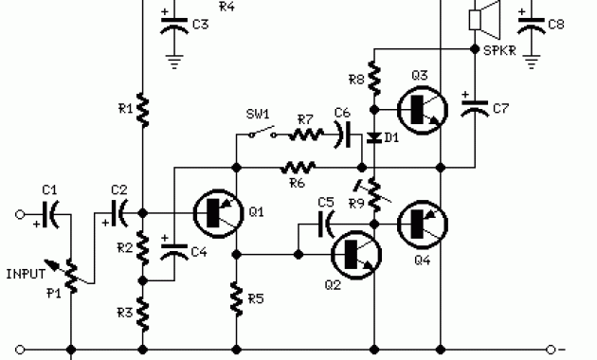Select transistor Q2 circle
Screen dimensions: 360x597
[x=354, y=253]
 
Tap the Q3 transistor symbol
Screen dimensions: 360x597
[x=421, y=110]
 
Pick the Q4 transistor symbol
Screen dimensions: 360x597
[x=421, y=225]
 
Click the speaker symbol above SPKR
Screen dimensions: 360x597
[x=485, y=18]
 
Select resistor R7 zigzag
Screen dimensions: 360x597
[x=304, y=135]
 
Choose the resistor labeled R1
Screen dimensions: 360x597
[x=141, y=110]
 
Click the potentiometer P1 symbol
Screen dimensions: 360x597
[x=71, y=270]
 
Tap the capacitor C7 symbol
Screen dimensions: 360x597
[x=471, y=107]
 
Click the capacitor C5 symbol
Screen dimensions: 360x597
[x=325, y=225]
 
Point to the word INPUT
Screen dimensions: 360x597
[x=26, y=274]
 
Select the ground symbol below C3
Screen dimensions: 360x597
[x=174, y=62]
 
